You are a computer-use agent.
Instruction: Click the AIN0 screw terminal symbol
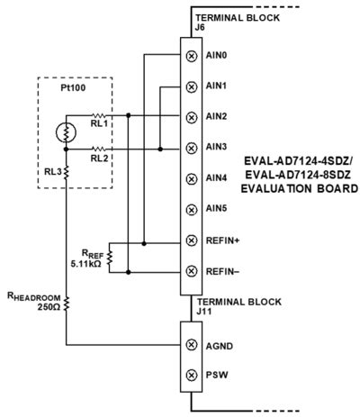pos(190,55)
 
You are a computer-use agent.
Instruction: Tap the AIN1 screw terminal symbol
pos(190,86)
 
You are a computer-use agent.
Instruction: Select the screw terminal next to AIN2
pos(190,116)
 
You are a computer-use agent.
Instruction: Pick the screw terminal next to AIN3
pos(190,147)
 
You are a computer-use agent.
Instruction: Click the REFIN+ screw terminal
pos(190,240)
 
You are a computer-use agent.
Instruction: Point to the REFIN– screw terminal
pos(190,271)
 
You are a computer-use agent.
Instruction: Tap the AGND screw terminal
pos(190,344)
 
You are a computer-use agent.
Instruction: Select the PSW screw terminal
pos(190,375)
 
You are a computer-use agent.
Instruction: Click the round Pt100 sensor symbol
pos(63,132)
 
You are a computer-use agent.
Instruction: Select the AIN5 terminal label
pos(217,209)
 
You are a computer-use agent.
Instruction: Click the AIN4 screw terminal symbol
pos(190,178)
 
